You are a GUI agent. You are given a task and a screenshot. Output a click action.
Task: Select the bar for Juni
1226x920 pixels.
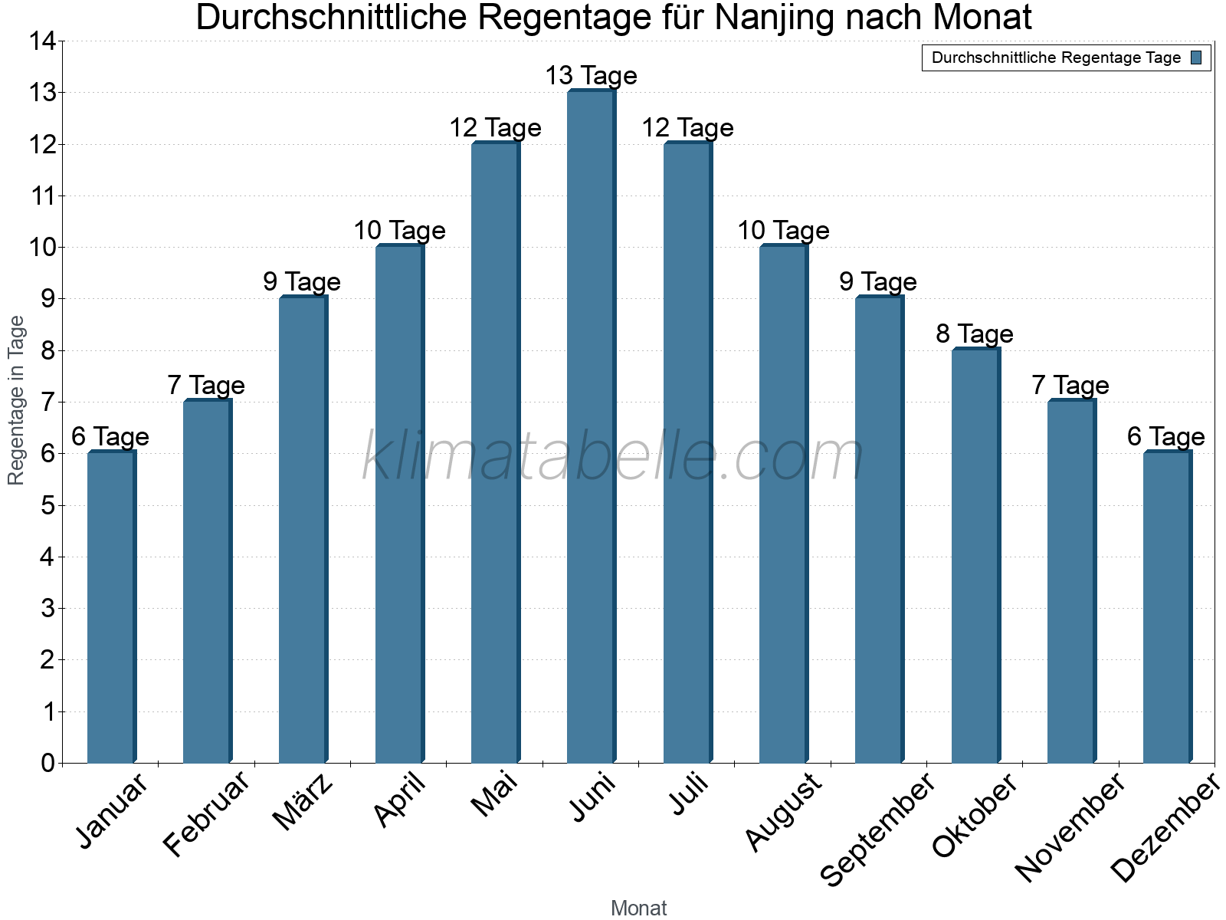[x=591, y=426]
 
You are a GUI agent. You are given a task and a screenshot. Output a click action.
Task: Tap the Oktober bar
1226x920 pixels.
[x=975, y=555]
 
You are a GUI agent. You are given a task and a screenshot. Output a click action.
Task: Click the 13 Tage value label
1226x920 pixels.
[x=591, y=76]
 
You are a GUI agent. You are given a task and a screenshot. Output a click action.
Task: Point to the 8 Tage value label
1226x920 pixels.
[x=975, y=334]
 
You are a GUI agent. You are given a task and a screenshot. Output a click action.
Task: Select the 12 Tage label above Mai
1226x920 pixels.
[x=495, y=128]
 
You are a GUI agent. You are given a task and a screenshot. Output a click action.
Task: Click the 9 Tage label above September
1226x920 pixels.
[x=878, y=282]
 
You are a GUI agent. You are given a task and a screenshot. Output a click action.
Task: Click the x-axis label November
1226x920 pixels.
[x=1070, y=827]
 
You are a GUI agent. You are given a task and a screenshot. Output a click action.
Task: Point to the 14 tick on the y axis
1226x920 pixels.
[x=43, y=41]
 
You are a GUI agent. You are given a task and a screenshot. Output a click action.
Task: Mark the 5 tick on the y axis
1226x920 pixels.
[x=48, y=505]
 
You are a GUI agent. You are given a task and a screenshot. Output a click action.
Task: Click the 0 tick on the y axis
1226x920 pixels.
[x=48, y=763]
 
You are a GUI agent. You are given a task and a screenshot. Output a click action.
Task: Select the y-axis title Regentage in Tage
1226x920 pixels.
[x=16, y=400]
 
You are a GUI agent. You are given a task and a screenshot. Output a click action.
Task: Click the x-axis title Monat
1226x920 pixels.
[x=638, y=909]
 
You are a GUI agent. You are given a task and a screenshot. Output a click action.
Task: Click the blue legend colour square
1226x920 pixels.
[x=1197, y=58]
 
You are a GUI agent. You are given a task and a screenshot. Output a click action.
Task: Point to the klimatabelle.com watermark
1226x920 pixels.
[x=613, y=457]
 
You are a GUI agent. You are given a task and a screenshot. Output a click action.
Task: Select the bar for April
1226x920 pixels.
[x=399, y=504]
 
